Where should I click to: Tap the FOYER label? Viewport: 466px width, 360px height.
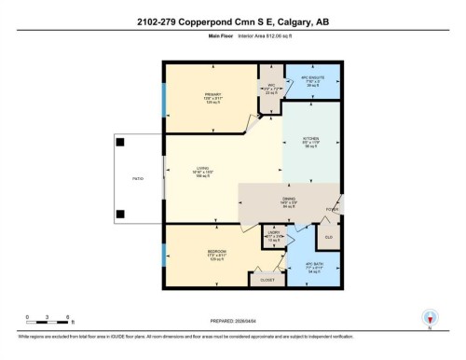[330, 209]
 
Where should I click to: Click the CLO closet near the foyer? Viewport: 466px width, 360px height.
[327, 237]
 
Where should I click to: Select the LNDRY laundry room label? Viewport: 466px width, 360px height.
[274, 236]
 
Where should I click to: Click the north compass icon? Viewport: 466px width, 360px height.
[430, 317]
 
